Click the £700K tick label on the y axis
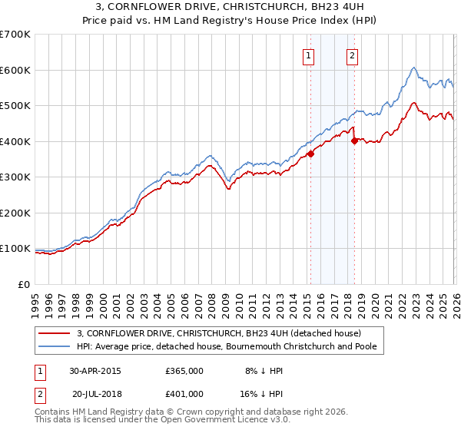point(15,35)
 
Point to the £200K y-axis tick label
point(15,213)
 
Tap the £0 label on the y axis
point(25,284)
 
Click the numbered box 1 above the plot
point(308,55)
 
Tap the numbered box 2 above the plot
point(352,55)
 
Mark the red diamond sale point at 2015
point(311,154)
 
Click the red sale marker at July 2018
point(354,141)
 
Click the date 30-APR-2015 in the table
point(95,370)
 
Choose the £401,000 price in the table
point(184,393)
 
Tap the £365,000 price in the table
point(184,370)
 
